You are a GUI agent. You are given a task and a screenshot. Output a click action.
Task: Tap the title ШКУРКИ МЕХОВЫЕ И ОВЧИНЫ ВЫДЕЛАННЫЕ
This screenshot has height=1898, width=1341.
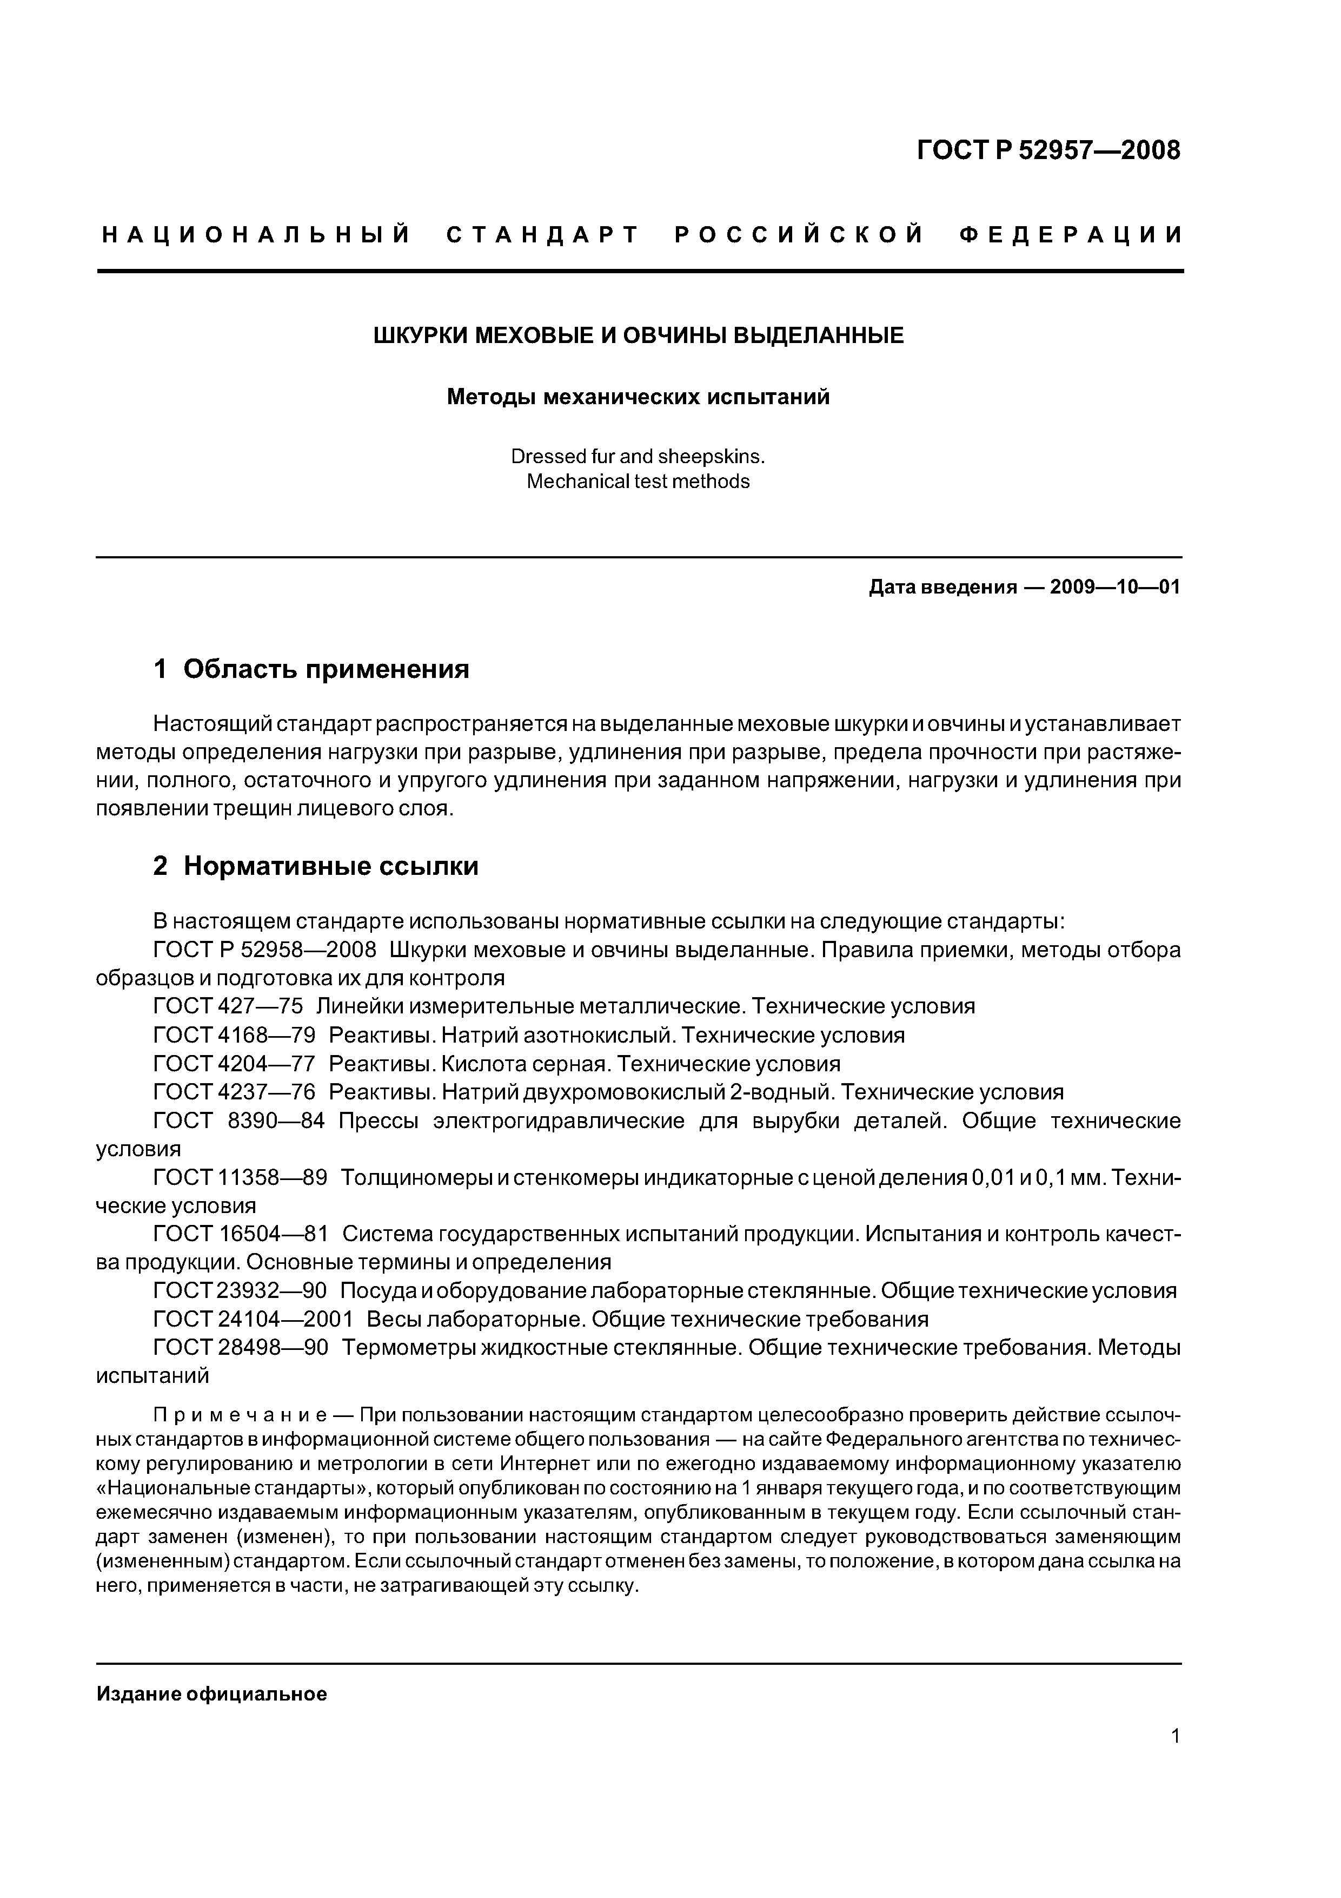[x=638, y=335]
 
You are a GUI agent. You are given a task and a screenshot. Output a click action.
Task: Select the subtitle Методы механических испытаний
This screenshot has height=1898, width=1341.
[x=638, y=398]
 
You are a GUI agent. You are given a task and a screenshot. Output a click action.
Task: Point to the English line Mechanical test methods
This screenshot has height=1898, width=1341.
[x=638, y=482]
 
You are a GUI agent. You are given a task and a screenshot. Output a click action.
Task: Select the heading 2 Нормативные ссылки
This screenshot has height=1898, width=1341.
[x=316, y=866]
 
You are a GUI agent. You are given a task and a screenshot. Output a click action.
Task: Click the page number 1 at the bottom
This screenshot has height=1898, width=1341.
[x=1176, y=1736]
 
